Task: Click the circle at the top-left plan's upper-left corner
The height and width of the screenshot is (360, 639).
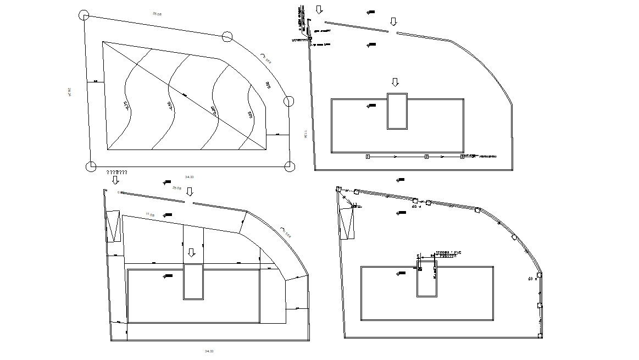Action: [x=84, y=15]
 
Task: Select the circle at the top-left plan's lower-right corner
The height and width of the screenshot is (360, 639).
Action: [x=290, y=167]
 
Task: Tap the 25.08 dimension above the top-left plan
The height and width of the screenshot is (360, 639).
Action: [x=157, y=13]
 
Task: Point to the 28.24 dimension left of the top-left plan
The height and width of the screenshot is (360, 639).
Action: [x=69, y=92]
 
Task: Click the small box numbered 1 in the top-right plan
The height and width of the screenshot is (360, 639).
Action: [x=368, y=157]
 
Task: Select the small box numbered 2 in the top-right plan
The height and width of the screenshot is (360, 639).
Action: [x=426, y=157]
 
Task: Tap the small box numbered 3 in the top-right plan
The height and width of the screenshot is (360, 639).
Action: [x=462, y=157]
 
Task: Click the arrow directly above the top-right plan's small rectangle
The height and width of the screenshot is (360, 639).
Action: [x=395, y=82]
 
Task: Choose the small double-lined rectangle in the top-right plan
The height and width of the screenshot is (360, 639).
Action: [x=397, y=111]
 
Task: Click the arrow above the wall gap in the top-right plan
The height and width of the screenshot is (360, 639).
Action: [x=393, y=21]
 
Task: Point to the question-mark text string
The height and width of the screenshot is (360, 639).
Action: [x=117, y=172]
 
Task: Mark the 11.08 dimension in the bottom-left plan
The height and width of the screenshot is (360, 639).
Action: [x=150, y=214]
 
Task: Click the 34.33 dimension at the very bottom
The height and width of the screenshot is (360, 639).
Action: [x=209, y=351]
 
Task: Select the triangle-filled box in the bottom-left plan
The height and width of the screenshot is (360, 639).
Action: [x=114, y=226]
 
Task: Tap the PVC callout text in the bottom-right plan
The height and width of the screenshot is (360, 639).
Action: [x=448, y=254]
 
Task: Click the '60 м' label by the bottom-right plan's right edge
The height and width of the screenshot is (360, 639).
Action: [x=532, y=279]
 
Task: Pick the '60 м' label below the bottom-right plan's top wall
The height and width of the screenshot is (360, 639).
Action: [x=416, y=207]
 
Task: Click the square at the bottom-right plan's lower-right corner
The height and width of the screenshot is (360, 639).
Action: [x=540, y=335]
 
